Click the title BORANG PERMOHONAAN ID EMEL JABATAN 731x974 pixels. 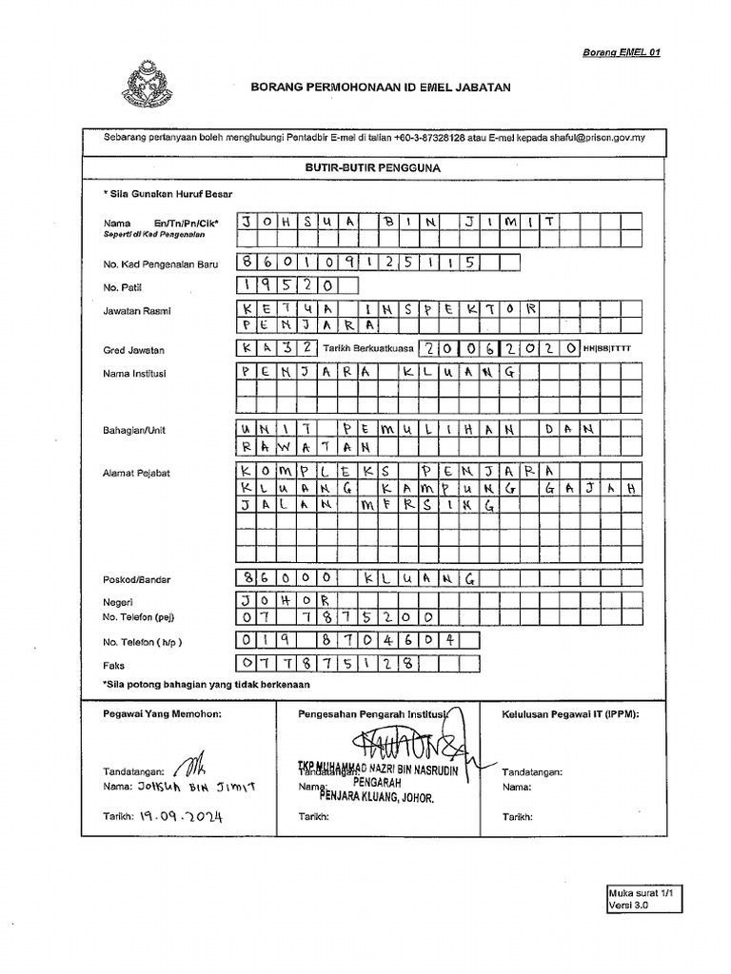tap(380, 87)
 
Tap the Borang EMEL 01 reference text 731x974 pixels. tap(621, 52)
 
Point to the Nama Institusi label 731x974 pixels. tap(135, 374)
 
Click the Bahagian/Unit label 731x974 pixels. tap(134, 430)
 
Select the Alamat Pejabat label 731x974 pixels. tap(136, 473)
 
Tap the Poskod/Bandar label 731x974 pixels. tap(137, 579)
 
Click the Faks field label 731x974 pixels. tap(113, 666)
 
